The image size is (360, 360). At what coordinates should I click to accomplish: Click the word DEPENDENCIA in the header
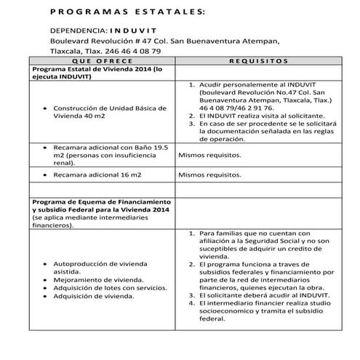[76, 32]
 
